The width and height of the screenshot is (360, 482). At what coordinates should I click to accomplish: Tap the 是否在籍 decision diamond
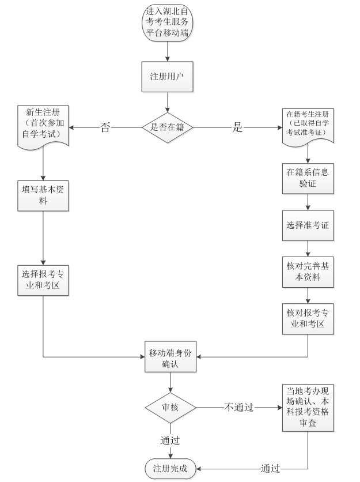click(x=167, y=127)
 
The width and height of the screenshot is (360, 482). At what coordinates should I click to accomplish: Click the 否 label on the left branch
click(x=105, y=127)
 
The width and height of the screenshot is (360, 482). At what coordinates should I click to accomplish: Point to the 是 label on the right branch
click(x=238, y=127)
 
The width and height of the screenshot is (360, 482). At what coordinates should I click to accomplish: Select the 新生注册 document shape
click(x=43, y=126)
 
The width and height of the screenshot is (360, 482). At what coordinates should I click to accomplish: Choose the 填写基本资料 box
click(x=43, y=197)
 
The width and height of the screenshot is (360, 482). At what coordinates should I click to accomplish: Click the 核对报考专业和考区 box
click(x=308, y=318)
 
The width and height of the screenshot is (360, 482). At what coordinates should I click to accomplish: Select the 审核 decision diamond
click(x=170, y=408)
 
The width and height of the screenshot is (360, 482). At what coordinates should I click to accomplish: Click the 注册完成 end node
click(x=170, y=468)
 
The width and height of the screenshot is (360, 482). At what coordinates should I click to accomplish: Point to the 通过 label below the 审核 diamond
click(x=170, y=440)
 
